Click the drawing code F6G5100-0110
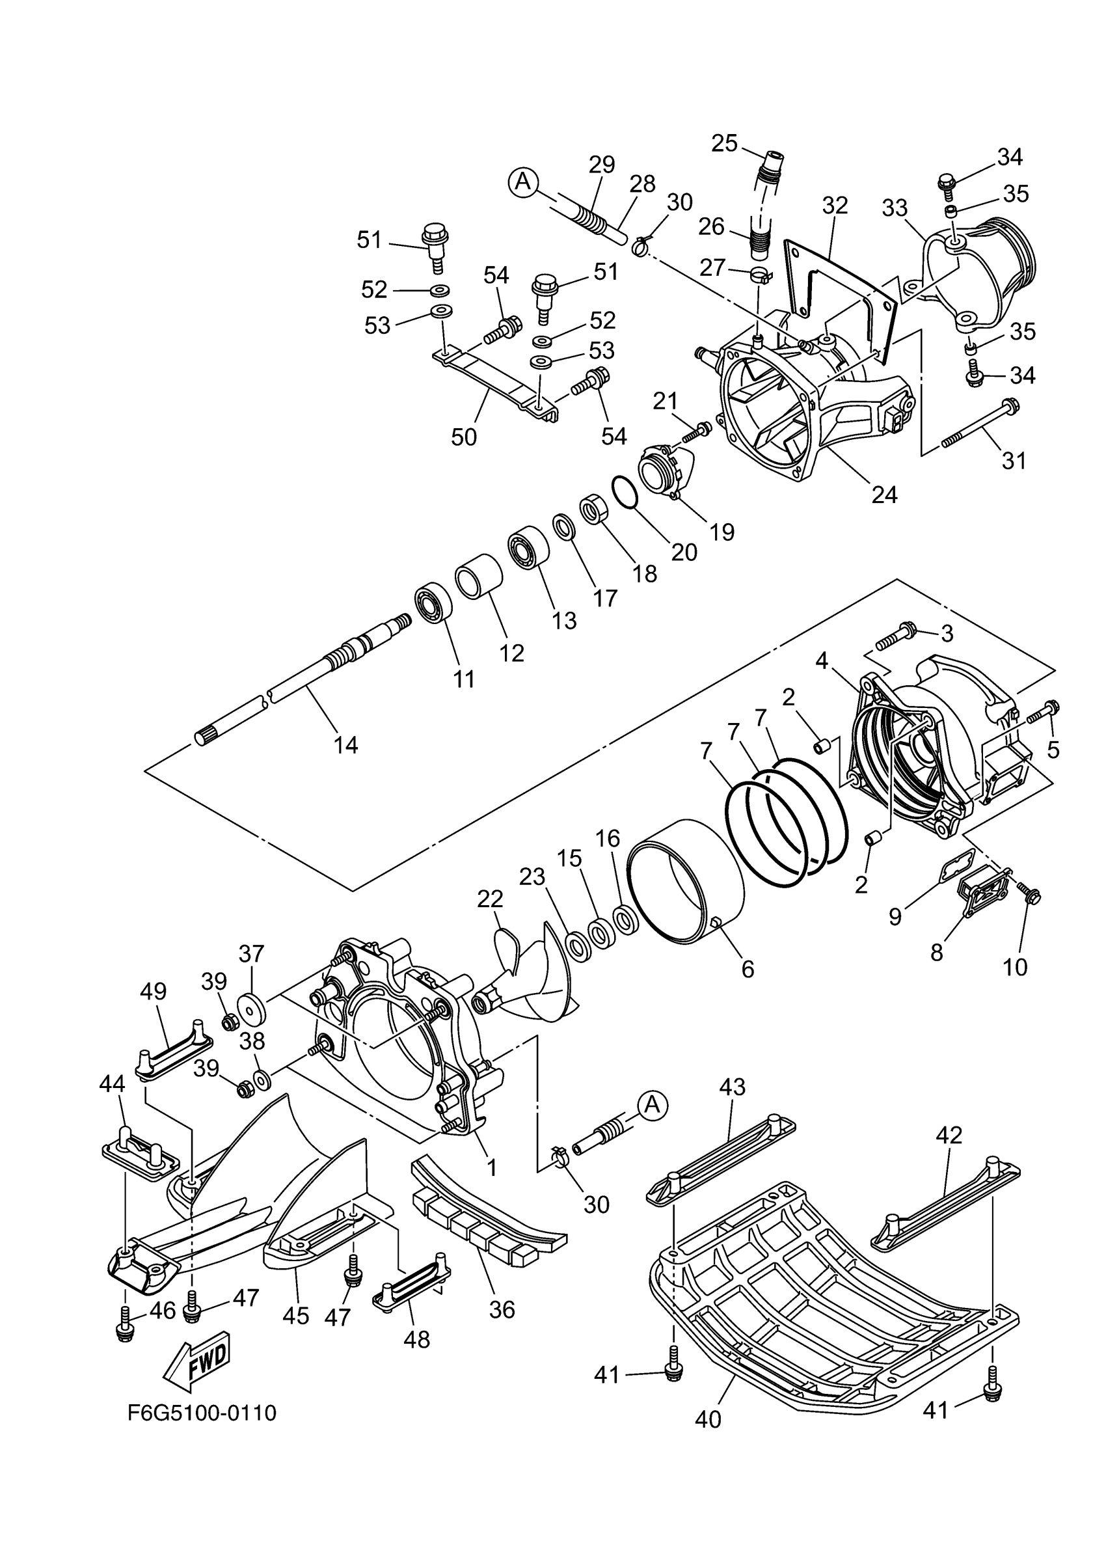[x=202, y=1413]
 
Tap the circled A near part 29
[x=523, y=182]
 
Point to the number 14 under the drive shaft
[x=345, y=745]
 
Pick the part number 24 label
[x=884, y=494]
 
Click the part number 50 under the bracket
[x=463, y=437]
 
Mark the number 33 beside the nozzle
[x=894, y=207]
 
